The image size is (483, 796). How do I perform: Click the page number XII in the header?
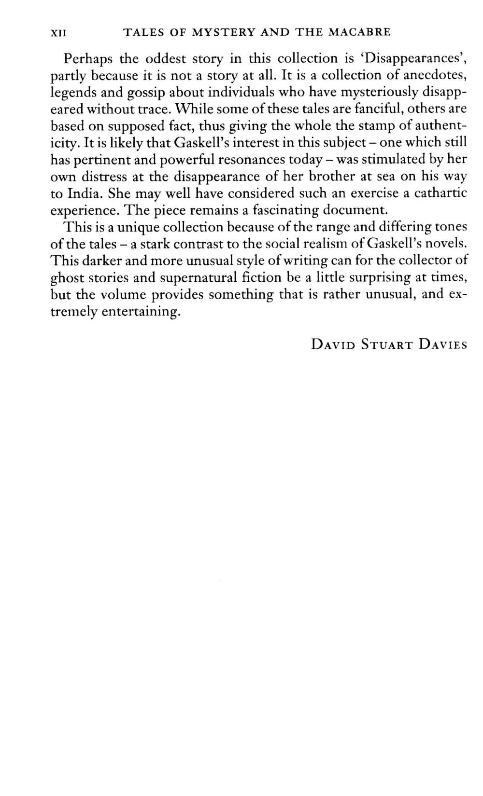click(58, 33)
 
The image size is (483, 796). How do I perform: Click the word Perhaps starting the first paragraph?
click(87, 59)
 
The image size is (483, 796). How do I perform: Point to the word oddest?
click(167, 59)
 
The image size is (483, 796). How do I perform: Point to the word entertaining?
click(141, 312)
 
